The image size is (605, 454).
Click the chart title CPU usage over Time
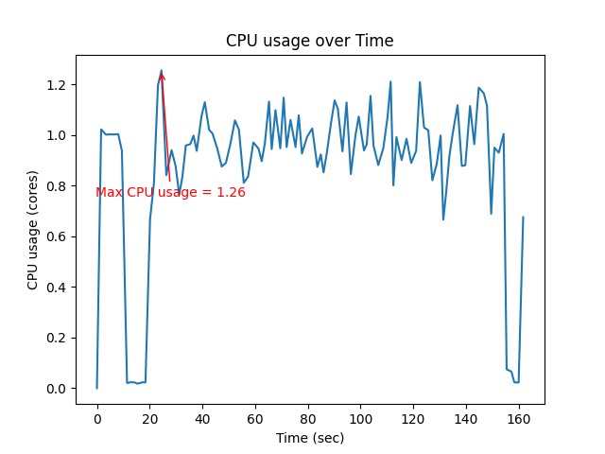pos(309,41)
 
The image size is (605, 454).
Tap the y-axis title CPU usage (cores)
pos(33,229)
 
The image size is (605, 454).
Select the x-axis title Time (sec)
pos(309,438)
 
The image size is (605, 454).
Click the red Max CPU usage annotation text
pos(170,192)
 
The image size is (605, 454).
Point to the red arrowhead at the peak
pos(163,77)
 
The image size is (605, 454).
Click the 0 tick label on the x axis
pos(96,419)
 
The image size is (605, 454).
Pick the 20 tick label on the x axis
pos(149,419)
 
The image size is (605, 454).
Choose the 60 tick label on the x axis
pos(255,419)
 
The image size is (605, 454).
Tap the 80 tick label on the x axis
pos(308,419)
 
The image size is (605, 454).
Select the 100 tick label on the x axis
pos(361,419)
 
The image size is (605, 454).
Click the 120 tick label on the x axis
pos(413,419)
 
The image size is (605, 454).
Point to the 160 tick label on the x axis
pos(519,419)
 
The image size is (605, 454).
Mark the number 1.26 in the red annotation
pos(232,192)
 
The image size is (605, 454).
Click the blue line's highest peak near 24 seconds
pos(161,70)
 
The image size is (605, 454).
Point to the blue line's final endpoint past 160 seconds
pos(523,218)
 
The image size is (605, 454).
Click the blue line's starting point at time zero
pos(96,388)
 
